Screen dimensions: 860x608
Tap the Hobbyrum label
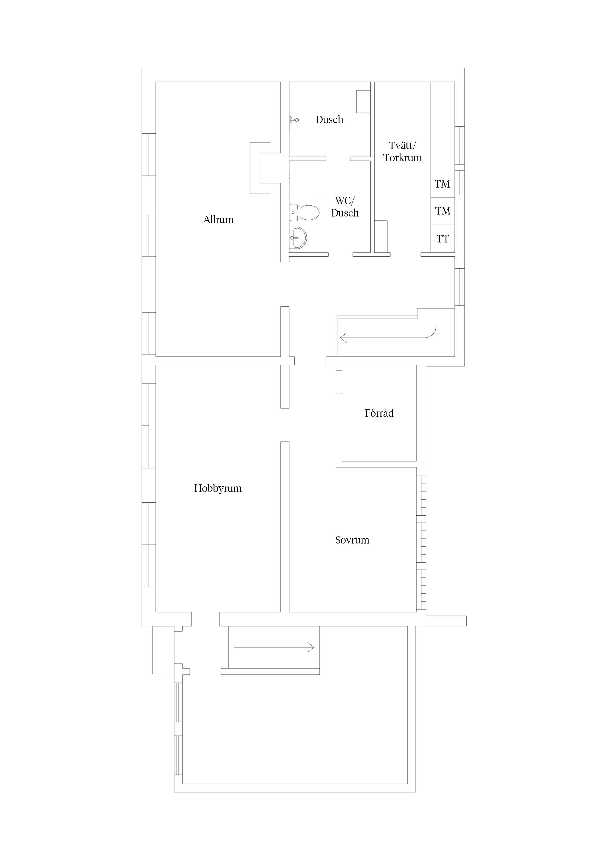pos(218,488)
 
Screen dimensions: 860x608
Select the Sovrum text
pos(352,540)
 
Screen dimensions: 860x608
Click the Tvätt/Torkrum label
pos(402,152)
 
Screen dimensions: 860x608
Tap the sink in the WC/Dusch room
pos(299,238)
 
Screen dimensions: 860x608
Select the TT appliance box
pos(443,239)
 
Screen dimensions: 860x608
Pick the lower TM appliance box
pos(443,211)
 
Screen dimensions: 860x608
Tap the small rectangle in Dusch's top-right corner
pos(363,101)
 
